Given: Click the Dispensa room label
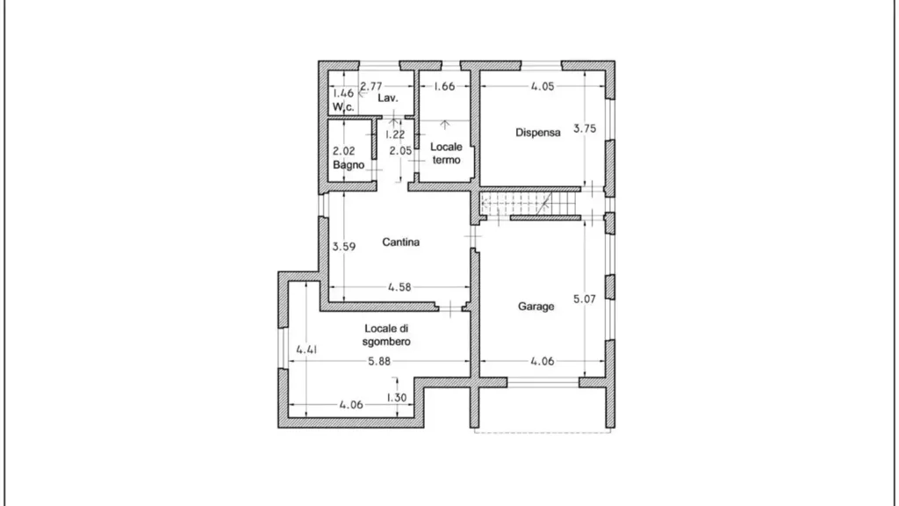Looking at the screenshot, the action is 538,133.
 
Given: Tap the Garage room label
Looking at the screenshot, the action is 536,307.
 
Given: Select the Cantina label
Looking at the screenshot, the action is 400,242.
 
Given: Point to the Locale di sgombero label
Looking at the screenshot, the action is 386,335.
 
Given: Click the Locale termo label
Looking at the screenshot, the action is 446,153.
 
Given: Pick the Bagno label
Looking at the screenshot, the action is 349,164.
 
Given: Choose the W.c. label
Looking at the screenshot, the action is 343,106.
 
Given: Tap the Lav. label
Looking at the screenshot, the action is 387,98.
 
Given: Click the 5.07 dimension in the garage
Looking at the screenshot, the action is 585,299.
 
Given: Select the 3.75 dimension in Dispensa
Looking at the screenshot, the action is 585,128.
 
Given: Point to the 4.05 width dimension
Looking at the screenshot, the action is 543,87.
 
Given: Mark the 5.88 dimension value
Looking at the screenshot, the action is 379,361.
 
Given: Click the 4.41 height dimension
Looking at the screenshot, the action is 306,350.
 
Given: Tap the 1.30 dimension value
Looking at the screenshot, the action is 396,398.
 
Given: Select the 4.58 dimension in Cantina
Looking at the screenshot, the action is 399,287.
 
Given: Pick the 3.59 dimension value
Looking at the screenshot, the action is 344,247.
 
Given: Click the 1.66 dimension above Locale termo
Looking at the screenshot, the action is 444,87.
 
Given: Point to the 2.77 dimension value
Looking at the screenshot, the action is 371,87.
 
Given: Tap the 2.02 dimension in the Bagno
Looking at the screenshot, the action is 344,151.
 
